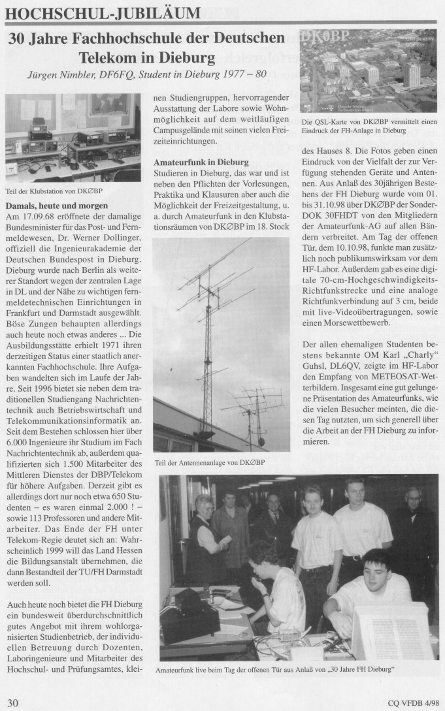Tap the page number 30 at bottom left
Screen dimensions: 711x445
13,703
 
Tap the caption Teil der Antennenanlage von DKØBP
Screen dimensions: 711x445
209,462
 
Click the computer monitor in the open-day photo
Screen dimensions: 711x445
391,630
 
